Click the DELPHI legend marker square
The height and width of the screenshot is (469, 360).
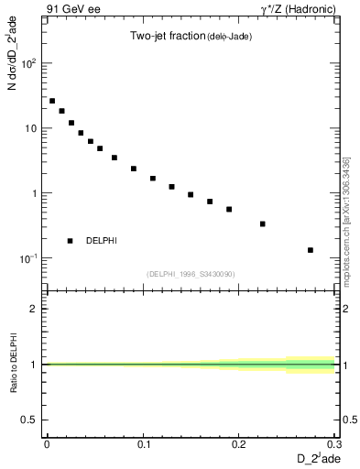(71, 241)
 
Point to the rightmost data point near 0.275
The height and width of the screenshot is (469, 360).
(311, 250)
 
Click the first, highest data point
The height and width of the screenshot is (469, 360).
(52, 101)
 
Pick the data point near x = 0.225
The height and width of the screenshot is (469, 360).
(263, 224)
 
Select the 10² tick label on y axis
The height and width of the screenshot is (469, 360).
(28, 64)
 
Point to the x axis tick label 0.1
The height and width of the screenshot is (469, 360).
(144, 443)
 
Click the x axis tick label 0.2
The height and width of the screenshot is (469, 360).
(240, 443)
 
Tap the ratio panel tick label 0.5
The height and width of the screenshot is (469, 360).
(30, 420)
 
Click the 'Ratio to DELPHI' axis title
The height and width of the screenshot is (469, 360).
(13, 366)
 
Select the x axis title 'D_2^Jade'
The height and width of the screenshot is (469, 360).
(315, 458)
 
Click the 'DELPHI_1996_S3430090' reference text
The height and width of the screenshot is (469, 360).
(191, 274)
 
